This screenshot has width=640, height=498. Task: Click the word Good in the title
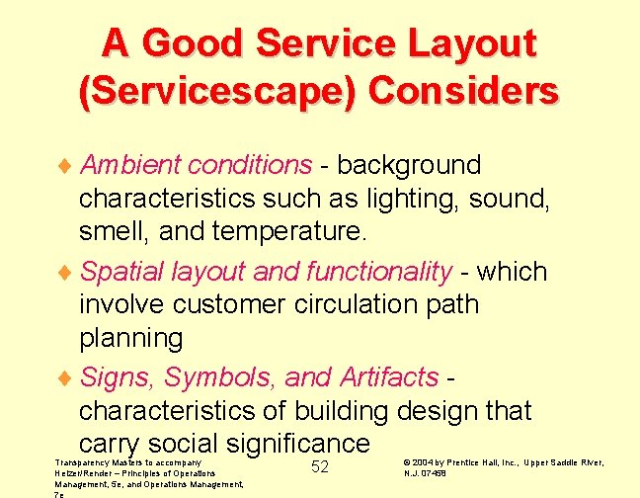(x=199, y=44)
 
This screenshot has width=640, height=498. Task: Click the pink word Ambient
(x=131, y=164)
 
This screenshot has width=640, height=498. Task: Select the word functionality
(x=379, y=271)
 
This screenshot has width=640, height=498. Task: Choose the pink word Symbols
(x=218, y=376)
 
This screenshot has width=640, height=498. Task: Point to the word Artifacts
(x=388, y=376)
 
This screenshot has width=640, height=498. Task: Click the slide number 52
(x=320, y=466)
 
